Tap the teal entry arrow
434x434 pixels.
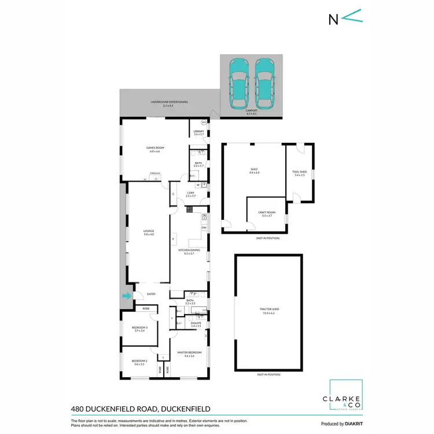click(x=126, y=296)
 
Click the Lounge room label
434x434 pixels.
click(x=149, y=233)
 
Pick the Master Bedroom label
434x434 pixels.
click(x=189, y=354)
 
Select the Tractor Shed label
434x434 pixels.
click(x=269, y=310)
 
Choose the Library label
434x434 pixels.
click(x=198, y=133)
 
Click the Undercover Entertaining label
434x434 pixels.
click(x=169, y=103)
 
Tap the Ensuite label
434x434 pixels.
click(x=196, y=325)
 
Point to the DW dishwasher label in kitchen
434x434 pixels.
click(x=203, y=227)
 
